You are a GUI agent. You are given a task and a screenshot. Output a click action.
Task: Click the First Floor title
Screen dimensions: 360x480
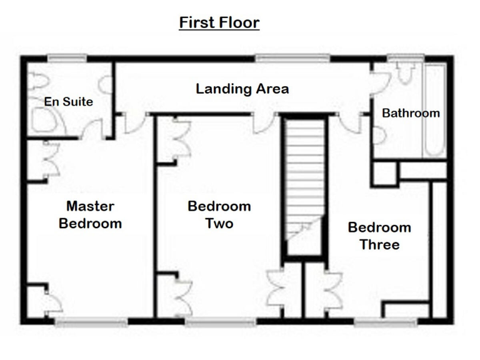coord(219,23)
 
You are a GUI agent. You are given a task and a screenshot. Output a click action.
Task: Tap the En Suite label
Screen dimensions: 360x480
coord(68,101)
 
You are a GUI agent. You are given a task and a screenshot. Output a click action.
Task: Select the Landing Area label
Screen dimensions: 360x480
coord(242,89)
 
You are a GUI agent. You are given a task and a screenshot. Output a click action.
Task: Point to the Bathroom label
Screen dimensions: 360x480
coord(411,113)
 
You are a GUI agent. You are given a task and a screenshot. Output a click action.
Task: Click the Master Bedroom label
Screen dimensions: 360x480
coord(90,214)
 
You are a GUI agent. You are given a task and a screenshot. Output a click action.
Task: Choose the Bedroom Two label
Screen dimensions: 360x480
coord(219,214)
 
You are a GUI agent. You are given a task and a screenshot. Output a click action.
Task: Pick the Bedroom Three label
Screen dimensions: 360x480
coord(379,236)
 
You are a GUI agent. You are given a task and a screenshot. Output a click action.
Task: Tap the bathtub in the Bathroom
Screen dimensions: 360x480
coord(435,109)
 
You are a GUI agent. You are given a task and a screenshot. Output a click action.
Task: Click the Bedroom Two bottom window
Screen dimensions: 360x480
coord(220,322)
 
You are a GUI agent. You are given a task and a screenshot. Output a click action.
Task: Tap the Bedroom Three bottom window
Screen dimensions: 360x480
coord(386,322)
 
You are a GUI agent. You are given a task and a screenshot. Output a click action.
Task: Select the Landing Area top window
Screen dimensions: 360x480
coord(292,59)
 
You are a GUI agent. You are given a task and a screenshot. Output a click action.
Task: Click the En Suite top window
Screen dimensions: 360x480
coord(67,59)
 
